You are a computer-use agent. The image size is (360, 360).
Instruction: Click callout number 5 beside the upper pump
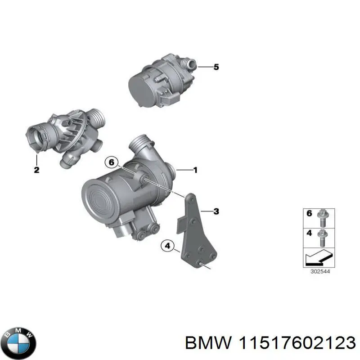216,67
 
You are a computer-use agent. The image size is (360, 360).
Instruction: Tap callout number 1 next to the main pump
195,170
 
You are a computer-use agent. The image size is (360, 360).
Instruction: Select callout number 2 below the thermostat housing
36,170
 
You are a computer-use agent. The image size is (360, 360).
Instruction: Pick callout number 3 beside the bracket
216,211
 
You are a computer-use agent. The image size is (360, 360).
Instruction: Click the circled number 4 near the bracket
168,246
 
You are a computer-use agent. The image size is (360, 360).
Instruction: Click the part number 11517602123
295,343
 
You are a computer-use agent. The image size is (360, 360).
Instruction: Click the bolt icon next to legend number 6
323,216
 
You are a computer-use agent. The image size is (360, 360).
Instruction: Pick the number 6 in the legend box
309,214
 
